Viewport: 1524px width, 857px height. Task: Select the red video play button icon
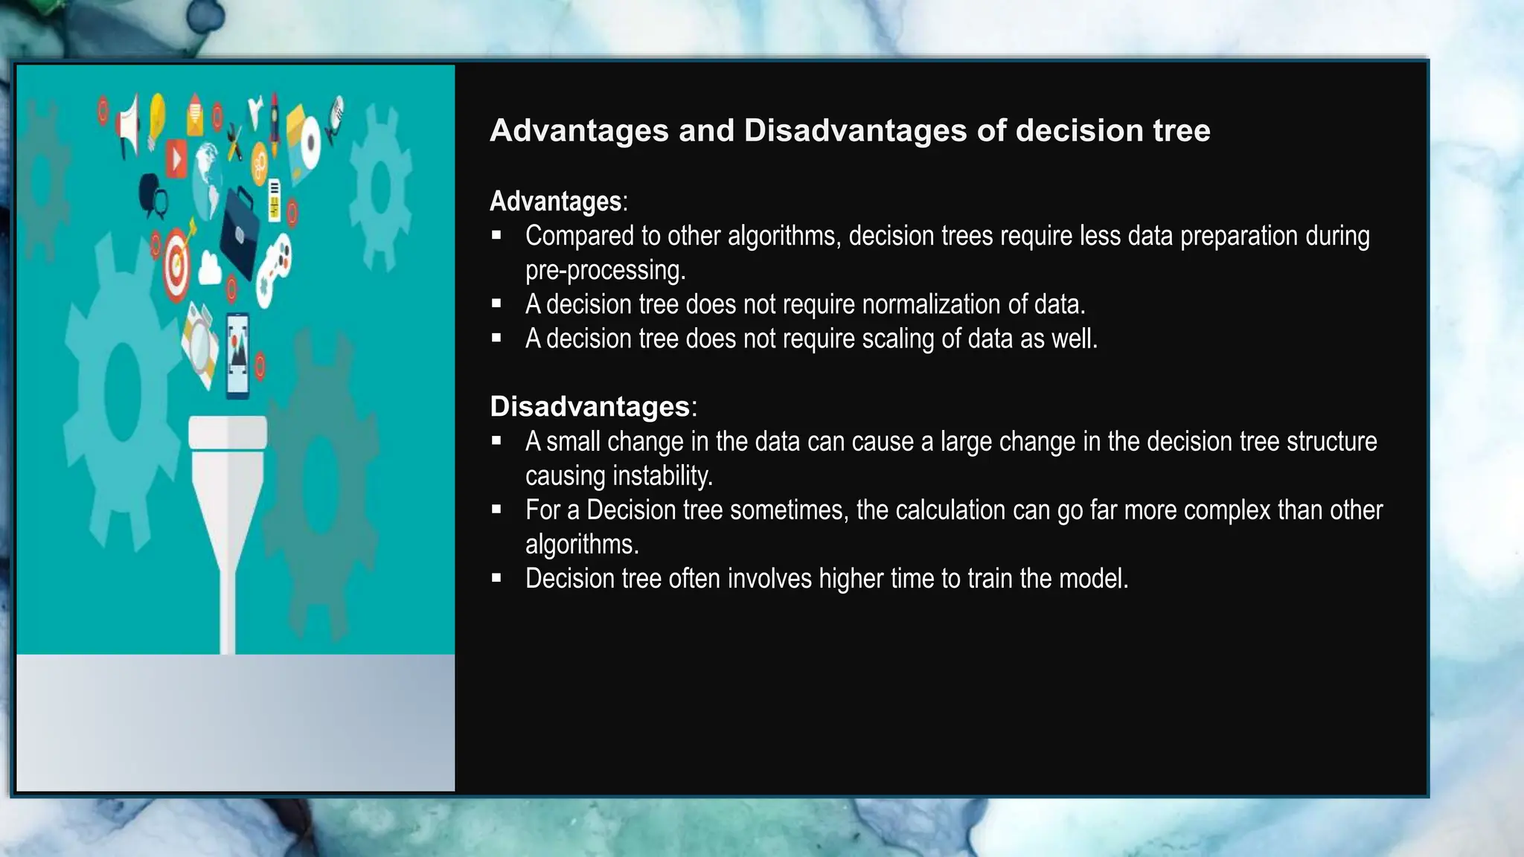click(x=176, y=158)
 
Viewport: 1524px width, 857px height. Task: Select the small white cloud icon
click(x=210, y=269)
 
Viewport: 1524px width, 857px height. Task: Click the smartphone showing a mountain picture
click(x=238, y=355)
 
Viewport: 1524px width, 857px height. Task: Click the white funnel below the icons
click(x=228, y=506)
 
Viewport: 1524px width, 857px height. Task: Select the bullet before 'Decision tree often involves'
click(x=496, y=578)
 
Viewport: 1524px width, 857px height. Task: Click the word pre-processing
click(x=604, y=270)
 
